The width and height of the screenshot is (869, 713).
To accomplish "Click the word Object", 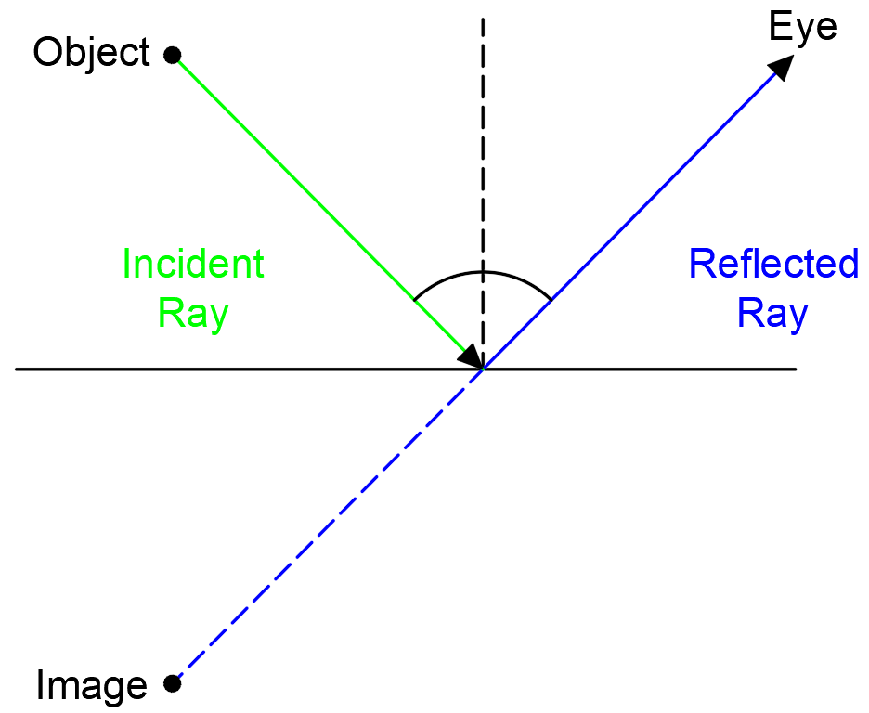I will (x=90, y=53).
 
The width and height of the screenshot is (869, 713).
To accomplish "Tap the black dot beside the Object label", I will (x=171, y=56).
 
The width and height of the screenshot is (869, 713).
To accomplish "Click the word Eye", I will (x=803, y=27).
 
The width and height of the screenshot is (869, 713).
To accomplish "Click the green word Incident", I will (x=193, y=265).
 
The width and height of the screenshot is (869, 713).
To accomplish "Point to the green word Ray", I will (x=193, y=314).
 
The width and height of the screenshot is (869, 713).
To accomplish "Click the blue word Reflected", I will (x=773, y=265).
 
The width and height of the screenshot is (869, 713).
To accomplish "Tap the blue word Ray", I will (x=773, y=314).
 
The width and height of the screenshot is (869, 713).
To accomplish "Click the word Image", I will (x=91, y=685).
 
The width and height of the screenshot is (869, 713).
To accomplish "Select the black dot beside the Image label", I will (x=171, y=684).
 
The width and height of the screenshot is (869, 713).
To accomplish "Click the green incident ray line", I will (x=297, y=182).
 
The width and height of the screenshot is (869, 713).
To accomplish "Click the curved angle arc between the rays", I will (x=482, y=272).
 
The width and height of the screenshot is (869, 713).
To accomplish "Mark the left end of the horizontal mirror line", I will (x=17, y=369).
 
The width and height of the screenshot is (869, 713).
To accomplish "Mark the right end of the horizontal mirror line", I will (x=796, y=369).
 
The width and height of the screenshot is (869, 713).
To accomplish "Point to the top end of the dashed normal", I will (x=482, y=17).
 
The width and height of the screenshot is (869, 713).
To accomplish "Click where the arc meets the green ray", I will (x=414, y=301).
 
